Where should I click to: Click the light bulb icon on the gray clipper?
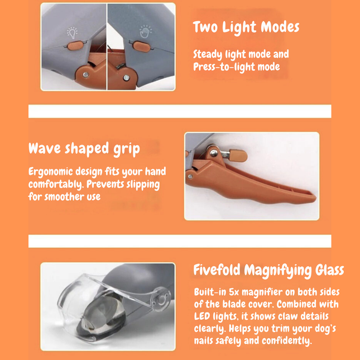tap(72, 32)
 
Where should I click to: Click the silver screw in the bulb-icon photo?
tap(85, 74)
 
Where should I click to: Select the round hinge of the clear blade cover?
tap(160, 296)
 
